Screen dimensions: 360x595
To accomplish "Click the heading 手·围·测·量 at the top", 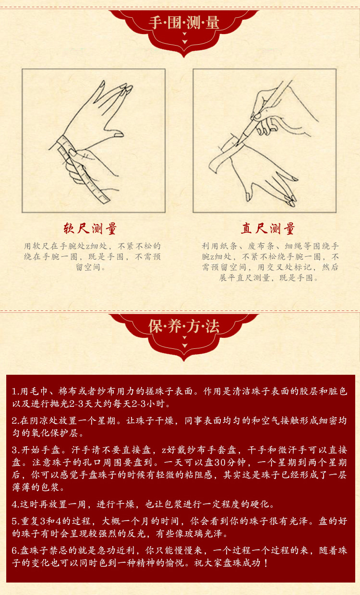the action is coord(184,22).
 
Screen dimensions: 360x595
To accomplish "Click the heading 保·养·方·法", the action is coord(184,326).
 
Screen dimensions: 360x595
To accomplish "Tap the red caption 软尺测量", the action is coord(90,228).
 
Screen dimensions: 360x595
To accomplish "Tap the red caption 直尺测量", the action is coord(268,228).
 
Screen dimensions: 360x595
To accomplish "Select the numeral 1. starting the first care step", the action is coord(16,392).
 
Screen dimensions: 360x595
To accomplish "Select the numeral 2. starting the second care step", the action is coord(16,421).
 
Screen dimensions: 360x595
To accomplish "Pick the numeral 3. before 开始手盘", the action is coord(16,450).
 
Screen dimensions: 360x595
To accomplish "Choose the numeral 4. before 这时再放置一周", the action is coord(16,504).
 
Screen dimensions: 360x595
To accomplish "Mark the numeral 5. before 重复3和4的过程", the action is coord(16,521).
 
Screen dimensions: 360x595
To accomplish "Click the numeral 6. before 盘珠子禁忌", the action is coord(16,550).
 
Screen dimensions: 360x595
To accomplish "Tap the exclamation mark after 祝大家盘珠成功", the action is coord(266,563).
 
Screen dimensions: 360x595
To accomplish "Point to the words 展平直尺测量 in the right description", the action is coord(244,278).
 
